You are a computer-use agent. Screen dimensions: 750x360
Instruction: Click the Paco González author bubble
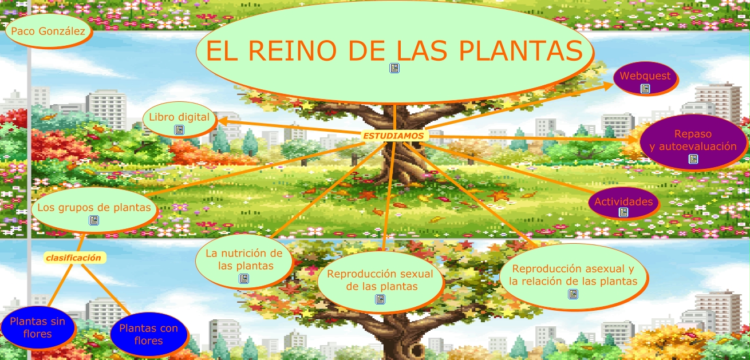click(x=48, y=31)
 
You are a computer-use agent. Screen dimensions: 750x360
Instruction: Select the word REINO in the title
click(x=297, y=51)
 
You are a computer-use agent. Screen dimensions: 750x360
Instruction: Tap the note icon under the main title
click(x=394, y=68)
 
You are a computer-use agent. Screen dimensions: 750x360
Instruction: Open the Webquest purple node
click(x=645, y=76)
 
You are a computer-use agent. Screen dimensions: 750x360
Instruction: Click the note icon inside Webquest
click(x=645, y=88)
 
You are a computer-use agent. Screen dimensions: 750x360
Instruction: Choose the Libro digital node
click(x=179, y=117)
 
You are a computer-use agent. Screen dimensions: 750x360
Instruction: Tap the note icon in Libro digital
click(x=179, y=130)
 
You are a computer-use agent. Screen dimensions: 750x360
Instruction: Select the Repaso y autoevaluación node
click(x=693, y=140)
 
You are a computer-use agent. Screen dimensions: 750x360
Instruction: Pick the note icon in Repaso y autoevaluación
click(x=693, y=159)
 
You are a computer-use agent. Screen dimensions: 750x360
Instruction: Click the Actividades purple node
click(x=623, y=201)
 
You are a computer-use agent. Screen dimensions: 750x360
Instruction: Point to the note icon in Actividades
click(x=623, y=212)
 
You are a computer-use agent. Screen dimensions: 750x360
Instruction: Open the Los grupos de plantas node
click(x=94, y=207)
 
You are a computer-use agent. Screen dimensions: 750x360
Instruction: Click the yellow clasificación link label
click(x=73, y=258)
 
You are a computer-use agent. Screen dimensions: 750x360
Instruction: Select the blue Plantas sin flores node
click(x=38, y=327)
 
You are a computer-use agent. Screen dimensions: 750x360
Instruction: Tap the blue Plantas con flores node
click(x=149, y=334)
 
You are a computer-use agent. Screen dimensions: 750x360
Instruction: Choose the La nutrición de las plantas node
click(x=244, y=259)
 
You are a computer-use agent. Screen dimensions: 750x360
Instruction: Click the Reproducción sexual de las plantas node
click(x=380, y=280)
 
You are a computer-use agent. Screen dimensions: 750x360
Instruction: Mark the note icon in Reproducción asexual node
click(x=573, y=294)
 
